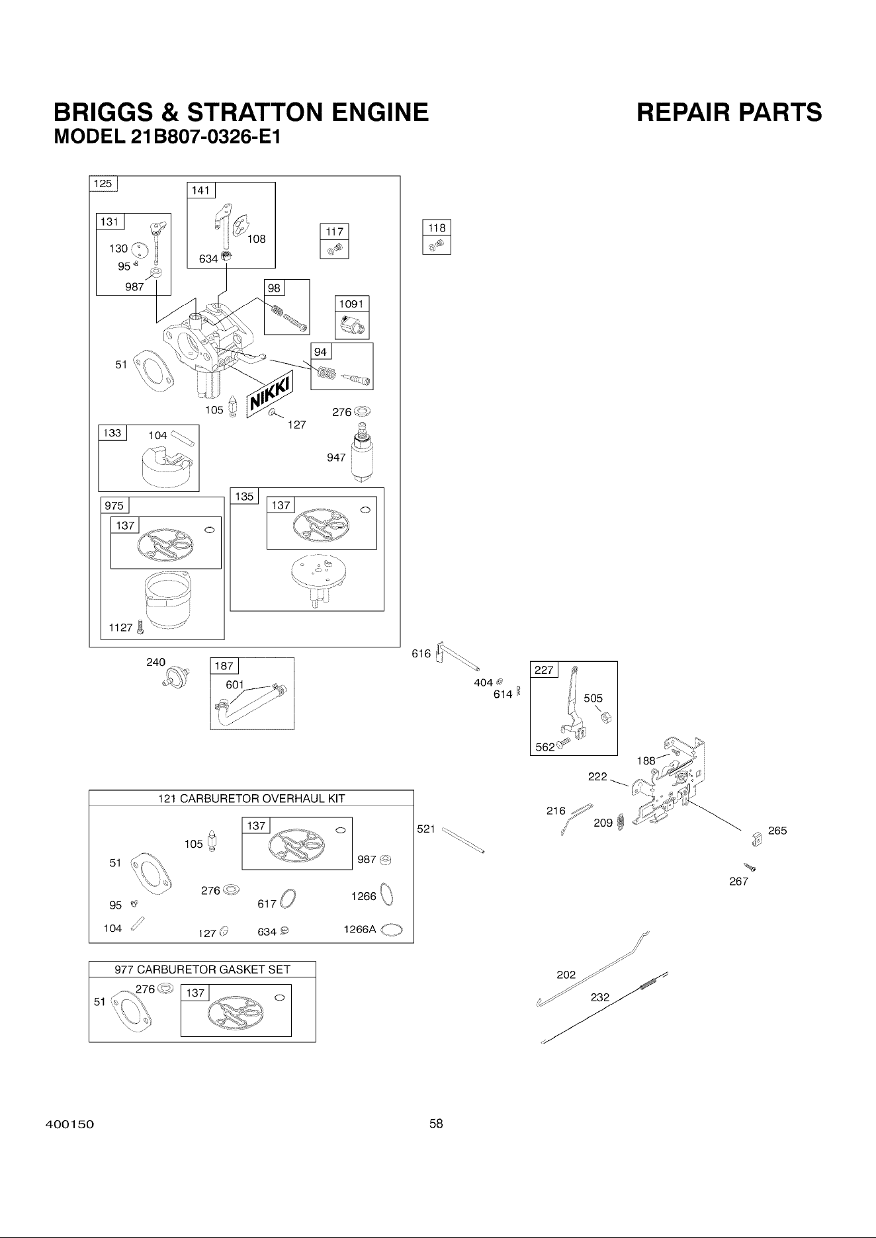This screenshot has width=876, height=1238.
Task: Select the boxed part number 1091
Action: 351,305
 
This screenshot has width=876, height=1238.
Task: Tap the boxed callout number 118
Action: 437,227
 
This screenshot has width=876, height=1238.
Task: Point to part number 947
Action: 336,457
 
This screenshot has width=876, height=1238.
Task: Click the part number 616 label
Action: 421,654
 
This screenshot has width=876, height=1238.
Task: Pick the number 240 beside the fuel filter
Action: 155,662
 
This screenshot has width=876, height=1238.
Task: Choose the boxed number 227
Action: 544,670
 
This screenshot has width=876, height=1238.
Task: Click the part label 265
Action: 777,831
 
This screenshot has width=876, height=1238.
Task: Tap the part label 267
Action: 738,882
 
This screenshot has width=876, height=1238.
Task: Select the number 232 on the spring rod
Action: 599,998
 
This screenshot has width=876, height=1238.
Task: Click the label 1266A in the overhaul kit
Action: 359,929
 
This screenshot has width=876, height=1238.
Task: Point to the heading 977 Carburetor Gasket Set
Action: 202,970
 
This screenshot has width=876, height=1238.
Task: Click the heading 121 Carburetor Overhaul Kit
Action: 251,798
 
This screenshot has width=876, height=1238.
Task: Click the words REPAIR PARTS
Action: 729,113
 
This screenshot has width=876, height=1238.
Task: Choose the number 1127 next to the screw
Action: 120,628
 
